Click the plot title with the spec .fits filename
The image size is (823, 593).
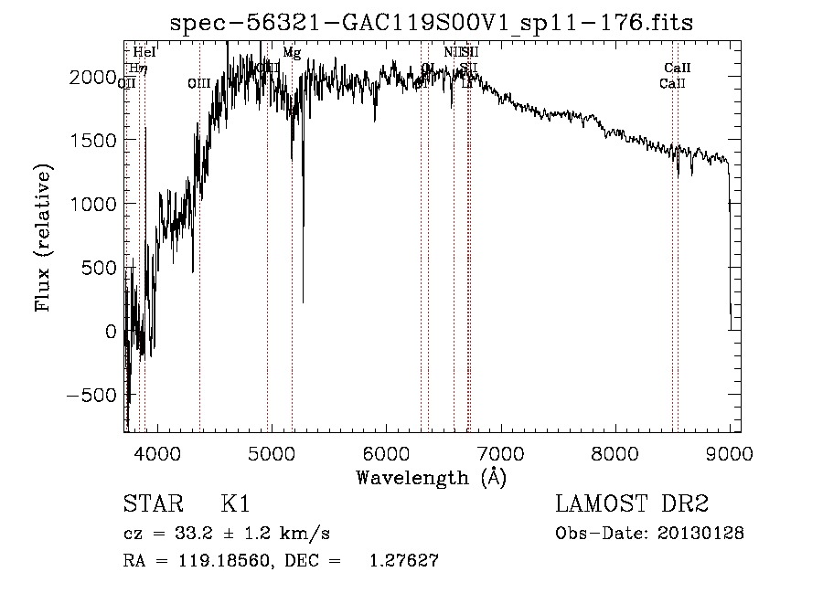[432, 22]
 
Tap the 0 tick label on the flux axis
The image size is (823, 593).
[112, 332]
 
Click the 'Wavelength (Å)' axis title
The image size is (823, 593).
[432, 476]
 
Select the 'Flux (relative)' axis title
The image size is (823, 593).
[44, 238]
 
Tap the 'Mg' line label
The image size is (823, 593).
[292, 53]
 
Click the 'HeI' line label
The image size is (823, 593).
[144, 53]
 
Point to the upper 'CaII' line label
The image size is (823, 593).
[678, 68]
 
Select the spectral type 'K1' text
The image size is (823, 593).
[235, 504]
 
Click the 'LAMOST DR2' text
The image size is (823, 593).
[632, 504]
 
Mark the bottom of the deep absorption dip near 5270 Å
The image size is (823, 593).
[303, 302]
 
